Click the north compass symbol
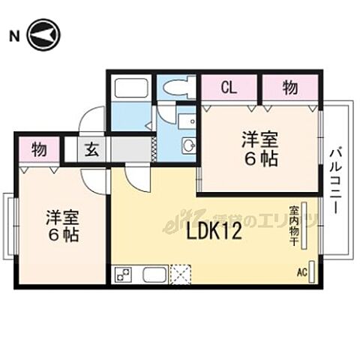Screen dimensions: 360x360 pyautogui.click(x=43, y=34)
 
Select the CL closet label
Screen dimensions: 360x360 pyautogui.click(x=229, y=87)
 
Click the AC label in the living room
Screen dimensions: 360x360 pyautogui.click(x=302, y=271)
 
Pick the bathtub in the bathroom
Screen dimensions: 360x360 pyautogui.click(x=130, y=88)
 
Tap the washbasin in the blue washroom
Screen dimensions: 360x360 pyautogui.click(x=188, y=145)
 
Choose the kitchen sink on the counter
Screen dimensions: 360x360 pyautogui.click(x=154, y=275)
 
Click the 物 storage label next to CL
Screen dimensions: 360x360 pyautogui.click(x=290, y=87)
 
